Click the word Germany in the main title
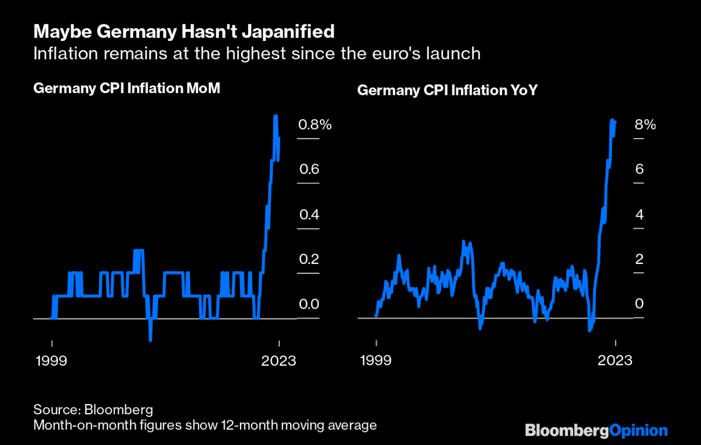127,32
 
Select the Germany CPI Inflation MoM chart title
127,88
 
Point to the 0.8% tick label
315,125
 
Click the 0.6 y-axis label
309,170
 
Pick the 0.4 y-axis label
309,215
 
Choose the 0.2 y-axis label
309,260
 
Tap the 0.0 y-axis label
309,304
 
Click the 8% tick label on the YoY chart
645,125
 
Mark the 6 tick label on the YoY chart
640,170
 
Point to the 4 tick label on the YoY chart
640,215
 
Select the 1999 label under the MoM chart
51,360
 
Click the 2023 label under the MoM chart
278,360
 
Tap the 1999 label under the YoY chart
376,360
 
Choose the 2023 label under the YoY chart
615,360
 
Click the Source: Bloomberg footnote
93,408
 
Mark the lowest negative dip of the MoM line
150,340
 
